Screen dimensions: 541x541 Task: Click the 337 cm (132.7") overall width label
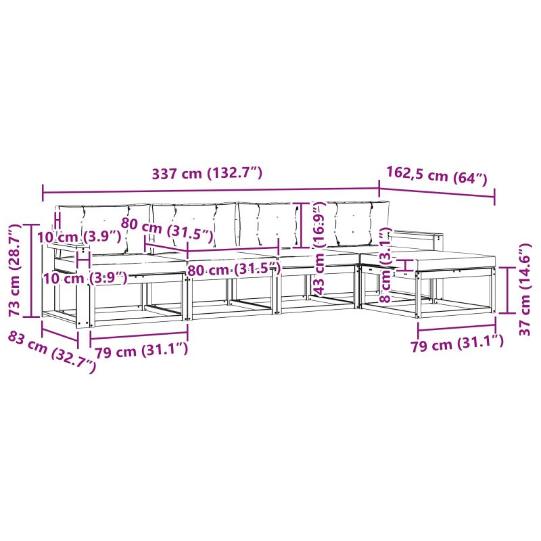click(207, 174)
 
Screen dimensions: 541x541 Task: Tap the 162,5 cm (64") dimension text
click(436, 176)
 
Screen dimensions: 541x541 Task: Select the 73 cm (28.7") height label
click(16, 270)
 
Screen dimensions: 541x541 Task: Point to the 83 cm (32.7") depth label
click(52, 352)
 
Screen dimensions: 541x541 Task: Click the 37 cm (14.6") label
click(525, 289)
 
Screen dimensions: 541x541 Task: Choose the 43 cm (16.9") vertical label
click(319, 248)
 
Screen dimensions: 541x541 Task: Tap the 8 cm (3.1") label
click(385, 265)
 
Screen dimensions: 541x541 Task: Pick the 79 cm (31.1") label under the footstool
click(457, 343)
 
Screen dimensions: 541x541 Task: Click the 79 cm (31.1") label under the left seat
click(141, 350)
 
